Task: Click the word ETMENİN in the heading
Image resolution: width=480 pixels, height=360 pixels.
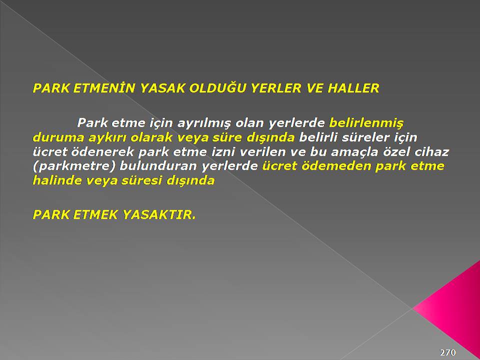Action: [x=104, y=88]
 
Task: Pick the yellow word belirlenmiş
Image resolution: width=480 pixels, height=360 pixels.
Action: [x=366, y=123]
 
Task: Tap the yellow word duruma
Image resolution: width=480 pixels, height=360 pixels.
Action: [x=58, y=137]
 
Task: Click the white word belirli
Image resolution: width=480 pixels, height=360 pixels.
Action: [x=318, y=137]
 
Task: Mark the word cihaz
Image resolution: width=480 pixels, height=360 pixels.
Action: [x=431, y=152]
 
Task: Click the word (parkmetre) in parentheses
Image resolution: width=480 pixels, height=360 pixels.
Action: [x=74, y=166]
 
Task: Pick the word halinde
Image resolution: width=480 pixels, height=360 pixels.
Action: [x=57, y=180]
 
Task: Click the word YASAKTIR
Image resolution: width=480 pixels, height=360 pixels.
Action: [x=159, y=214]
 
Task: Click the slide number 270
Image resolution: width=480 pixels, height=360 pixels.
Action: [x=448, y=352]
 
